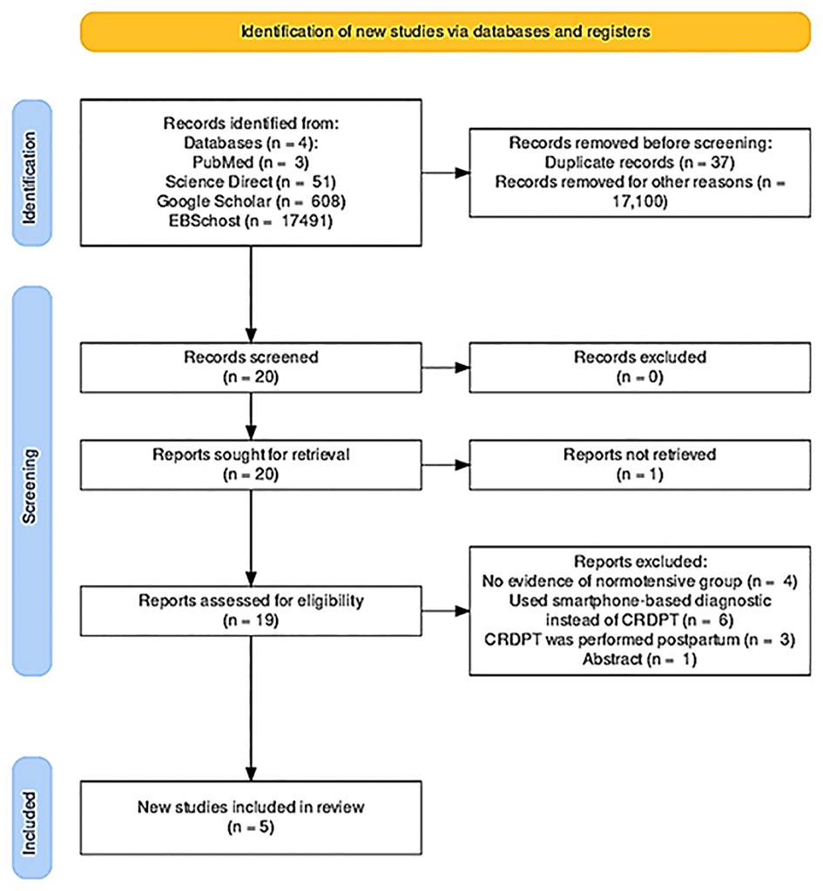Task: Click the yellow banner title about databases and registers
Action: (446, 31)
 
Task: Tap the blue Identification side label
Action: (32, 173)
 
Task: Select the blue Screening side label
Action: (32, 482)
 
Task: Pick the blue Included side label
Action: (32, 818)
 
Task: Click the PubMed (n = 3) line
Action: (251, 163)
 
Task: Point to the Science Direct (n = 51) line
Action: (251, 182)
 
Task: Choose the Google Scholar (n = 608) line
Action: (251, 201)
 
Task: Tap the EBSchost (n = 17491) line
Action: (251, 220)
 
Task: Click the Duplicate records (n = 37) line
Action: (639, 163)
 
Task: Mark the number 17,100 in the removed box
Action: (639, 201)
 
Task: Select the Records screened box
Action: (251, 368)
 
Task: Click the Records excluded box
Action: (639, 368)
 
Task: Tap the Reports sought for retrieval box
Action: (251, 465)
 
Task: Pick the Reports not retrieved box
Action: (639, 465)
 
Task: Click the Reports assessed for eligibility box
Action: (251, 611)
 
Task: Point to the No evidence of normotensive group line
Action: (639, 581)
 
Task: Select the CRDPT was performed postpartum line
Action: (639, 640)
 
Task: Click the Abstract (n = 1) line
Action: (639, 659)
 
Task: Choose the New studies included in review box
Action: (251, 818)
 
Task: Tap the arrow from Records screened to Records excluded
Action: (446, 368)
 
